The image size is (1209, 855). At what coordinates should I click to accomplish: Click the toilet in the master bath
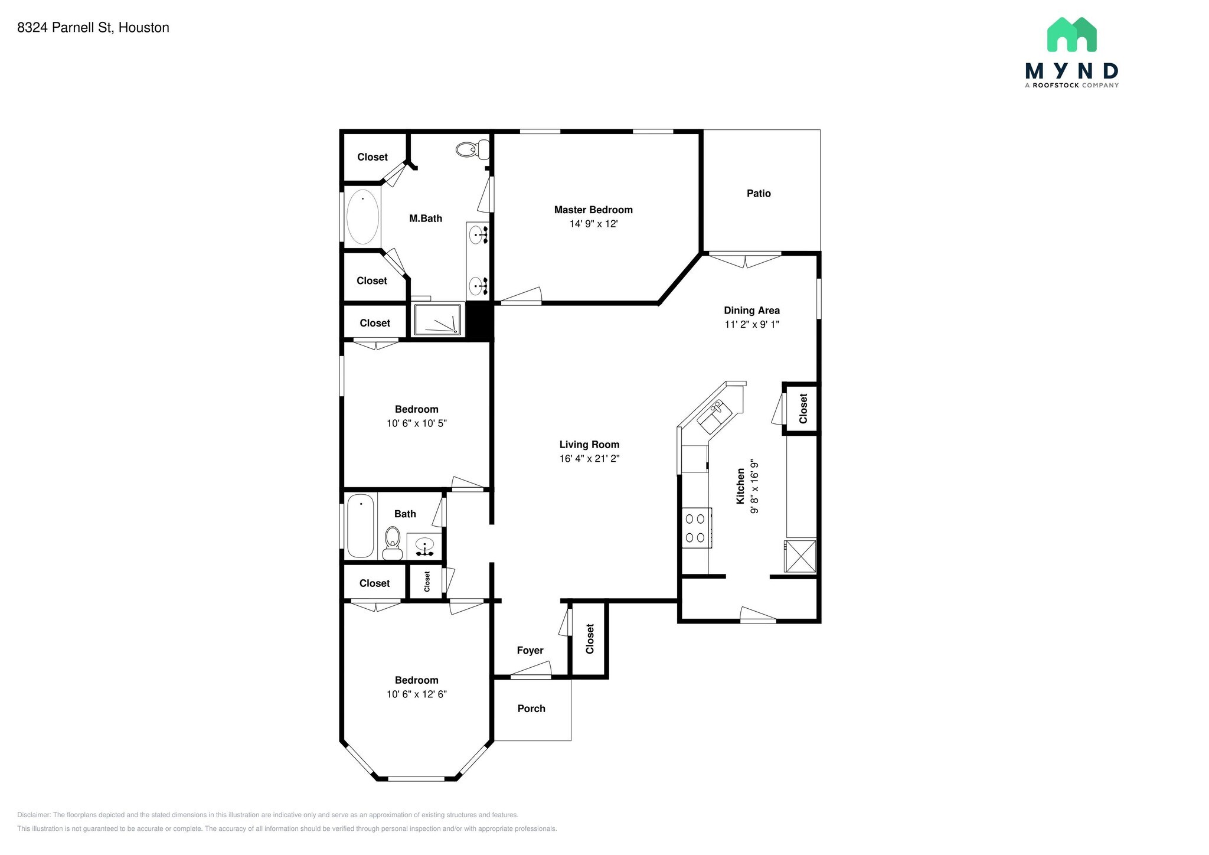[x=473, y=149]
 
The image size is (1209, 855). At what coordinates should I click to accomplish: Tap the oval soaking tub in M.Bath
[x=362, y=217]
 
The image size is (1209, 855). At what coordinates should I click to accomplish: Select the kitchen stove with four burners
[x=697, y=528]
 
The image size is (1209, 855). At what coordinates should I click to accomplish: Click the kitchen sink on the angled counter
[x=714, y=416]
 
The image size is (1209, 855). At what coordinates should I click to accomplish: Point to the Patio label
[x=759, y=193]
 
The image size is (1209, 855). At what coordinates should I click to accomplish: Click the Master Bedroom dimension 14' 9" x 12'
[x=593, y=224]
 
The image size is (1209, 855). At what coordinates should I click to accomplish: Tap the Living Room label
[x=589, y=445]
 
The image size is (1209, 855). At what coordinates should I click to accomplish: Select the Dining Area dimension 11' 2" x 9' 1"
[x=752, y=324]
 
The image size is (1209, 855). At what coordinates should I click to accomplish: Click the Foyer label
[x=530, y=650]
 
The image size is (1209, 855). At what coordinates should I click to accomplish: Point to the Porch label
[x=531, y=709]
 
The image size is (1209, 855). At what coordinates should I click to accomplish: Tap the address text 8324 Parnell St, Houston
[x=93, y=28]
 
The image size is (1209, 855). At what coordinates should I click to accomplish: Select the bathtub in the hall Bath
[x=360, y=526]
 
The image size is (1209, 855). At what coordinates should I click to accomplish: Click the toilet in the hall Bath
[x=393, y=543]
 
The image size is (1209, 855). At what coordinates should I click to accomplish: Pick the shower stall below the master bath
[x=437, y=319]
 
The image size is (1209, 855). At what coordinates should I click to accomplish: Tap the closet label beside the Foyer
[x=590, y=639]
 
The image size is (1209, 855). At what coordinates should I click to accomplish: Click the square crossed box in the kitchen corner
[x=800, y=556]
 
